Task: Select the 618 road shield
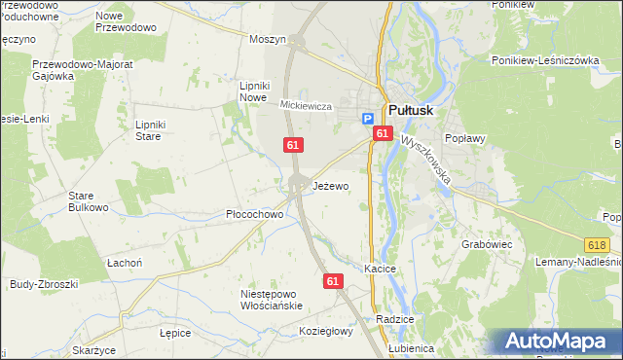point(598,248)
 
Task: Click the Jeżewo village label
point(331,186)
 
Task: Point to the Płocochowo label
point(254,214)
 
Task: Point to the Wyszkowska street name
point(424,160)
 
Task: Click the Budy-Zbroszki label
point(42,284)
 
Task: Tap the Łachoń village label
point(124,264)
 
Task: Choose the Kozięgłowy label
point(325,332)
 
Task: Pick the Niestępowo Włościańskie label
point(272,299)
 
